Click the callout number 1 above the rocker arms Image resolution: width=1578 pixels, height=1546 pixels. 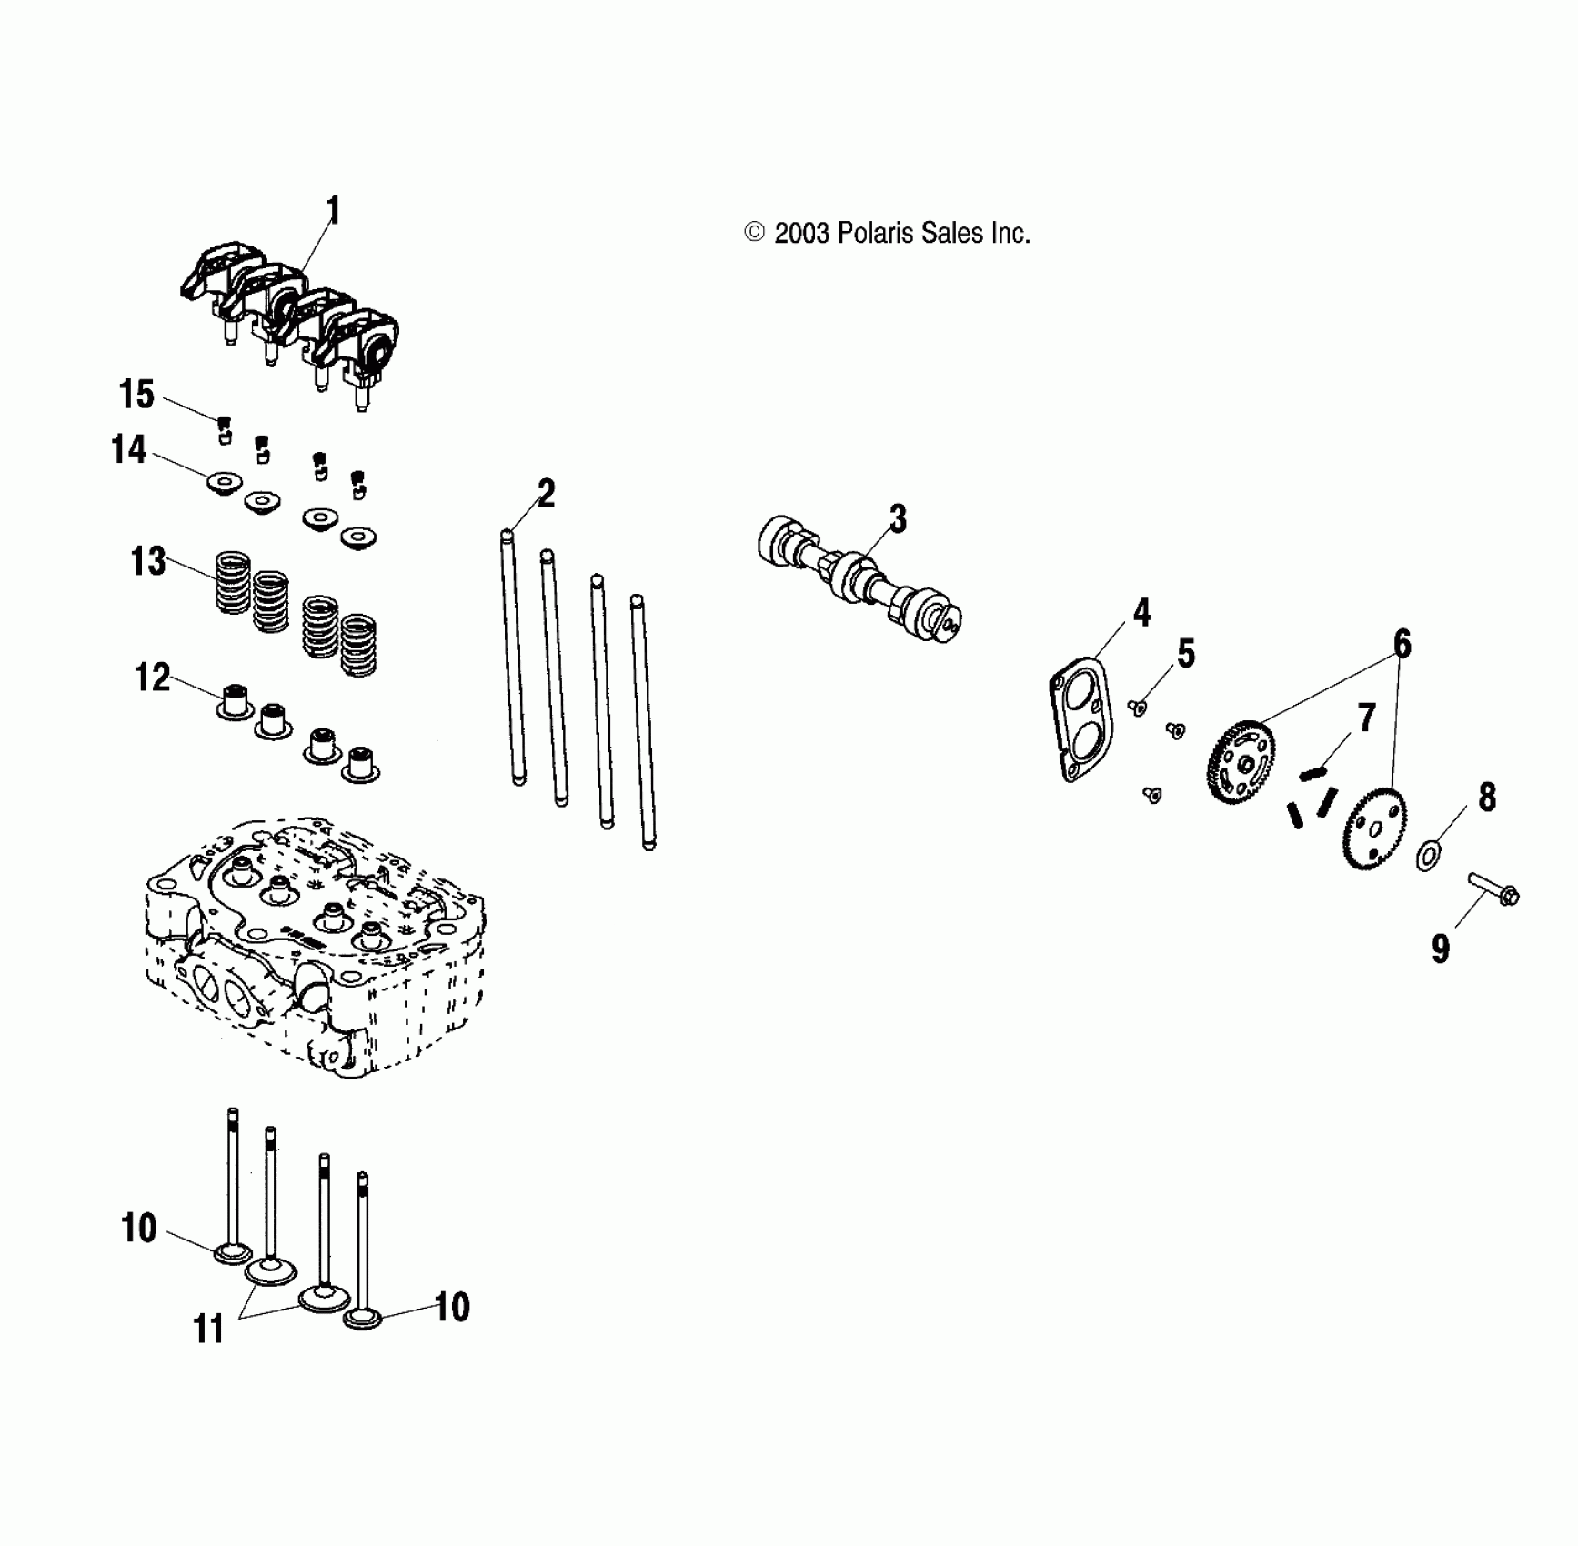coord(333,211)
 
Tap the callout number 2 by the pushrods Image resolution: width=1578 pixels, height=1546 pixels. coord(546,493)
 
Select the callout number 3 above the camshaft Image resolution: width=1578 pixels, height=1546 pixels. coord(898,519)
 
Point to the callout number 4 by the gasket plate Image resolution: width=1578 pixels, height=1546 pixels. coord(1141,613)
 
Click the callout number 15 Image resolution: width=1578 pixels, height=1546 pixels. coord(136,394)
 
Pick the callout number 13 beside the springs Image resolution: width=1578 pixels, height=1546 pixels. coord(148,561)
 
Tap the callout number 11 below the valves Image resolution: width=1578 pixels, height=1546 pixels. coord(208,1330)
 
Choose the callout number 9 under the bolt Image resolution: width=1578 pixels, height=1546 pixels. coord(1440,949)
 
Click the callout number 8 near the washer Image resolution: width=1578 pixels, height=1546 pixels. coord(1486,798)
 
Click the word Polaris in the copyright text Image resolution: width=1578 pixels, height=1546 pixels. coord(876,234)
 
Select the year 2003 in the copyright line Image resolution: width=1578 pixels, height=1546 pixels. coord(801,234)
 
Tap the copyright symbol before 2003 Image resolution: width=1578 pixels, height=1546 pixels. coord(754,233)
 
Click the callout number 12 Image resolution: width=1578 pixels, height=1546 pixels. coord(152,678)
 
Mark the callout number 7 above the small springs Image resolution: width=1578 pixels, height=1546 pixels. coord(1366,718)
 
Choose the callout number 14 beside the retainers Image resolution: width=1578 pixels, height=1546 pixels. coord(128,449)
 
